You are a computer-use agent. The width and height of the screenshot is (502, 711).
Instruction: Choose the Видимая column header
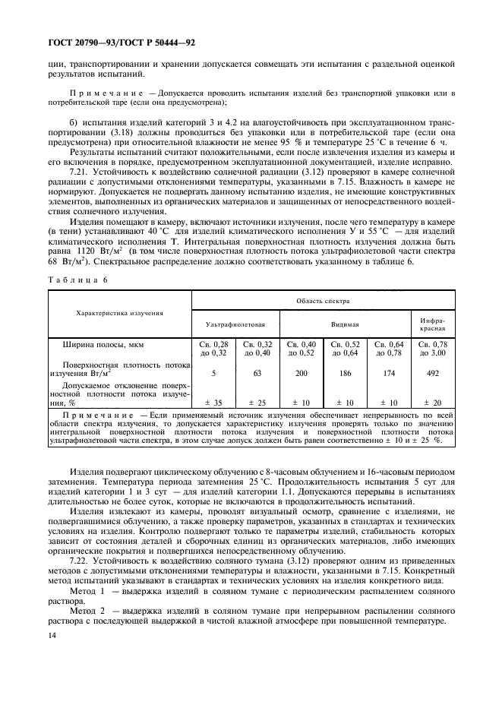tap(345, 324)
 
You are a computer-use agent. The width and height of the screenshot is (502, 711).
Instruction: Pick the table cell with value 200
tap(302, 374)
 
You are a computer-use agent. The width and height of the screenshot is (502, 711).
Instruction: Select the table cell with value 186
tap(346, 374)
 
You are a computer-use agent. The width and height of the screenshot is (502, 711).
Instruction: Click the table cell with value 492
tap(432, 374)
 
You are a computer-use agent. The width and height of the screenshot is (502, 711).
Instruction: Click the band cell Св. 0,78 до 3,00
tap(432, 349)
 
